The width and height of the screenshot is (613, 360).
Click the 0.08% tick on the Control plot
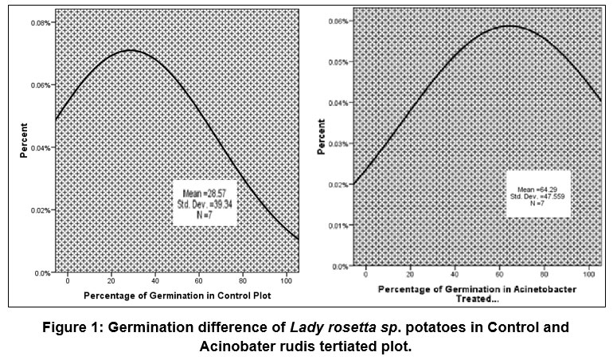41,23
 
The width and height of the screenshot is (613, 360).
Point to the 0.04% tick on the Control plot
41,148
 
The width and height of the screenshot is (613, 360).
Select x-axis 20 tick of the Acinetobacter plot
410,274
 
